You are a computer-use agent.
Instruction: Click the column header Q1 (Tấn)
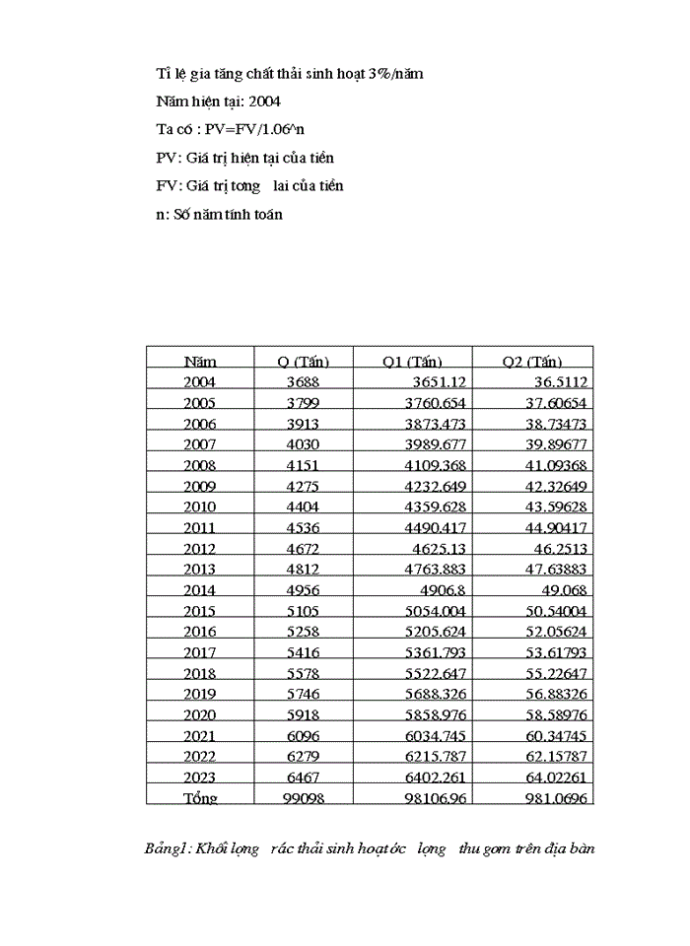(412, 362)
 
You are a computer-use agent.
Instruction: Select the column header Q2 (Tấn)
(532, 362)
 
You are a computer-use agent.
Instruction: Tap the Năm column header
(200, 362)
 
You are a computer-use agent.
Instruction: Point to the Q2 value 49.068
(560, 589)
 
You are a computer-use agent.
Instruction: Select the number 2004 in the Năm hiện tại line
(267, 101)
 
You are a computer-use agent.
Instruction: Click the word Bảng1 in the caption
(167, 847)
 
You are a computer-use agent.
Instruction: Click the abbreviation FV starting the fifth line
(166, 185)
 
